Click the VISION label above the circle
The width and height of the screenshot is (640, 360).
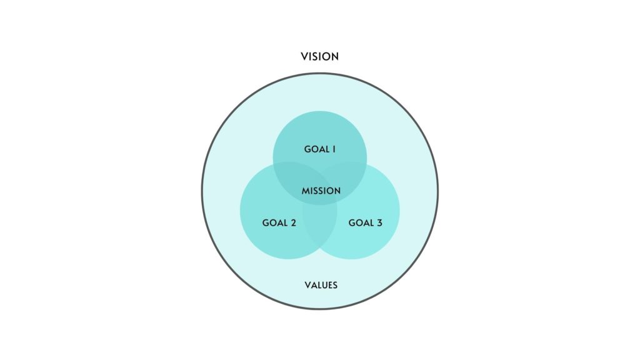point(320,56)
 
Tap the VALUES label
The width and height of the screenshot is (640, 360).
point(321,285)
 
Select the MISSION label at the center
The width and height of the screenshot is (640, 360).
point(321,191)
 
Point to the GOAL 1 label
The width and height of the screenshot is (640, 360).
point(320,149)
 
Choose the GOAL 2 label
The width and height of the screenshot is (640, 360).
point(279,222)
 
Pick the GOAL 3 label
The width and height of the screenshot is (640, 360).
point(365,222)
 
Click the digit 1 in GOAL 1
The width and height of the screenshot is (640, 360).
point(334,149)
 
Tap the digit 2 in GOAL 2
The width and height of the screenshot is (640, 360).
point(293,222)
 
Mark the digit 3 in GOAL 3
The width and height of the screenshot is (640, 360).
point(379,222)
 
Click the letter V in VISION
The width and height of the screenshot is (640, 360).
point(304,56)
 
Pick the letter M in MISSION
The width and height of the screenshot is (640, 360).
point(305,191)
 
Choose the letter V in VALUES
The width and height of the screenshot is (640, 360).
point(307,285)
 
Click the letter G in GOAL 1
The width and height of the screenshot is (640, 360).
point(307,149)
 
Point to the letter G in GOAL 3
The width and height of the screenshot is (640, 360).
point(352,222)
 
